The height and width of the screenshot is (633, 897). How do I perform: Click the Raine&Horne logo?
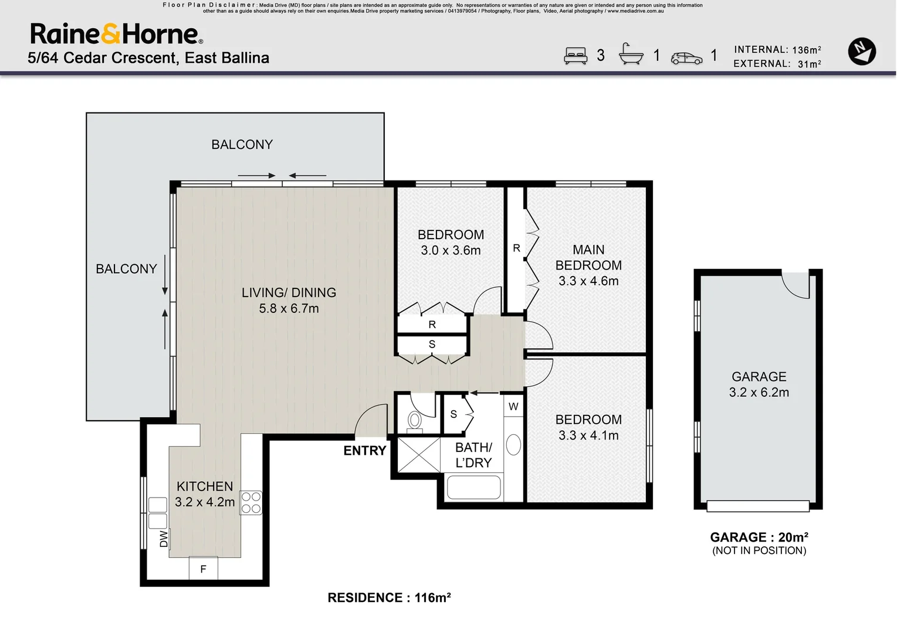tap(117, 33)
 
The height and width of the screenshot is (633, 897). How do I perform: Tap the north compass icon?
tap(862, 51)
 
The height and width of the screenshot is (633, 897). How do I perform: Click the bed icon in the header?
tap(576, 56)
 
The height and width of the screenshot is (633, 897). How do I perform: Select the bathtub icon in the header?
tap(631, 54)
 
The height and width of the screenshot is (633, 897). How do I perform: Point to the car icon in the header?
tap(686, 59)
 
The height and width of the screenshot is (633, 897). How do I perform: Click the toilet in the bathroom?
tap(415, 423)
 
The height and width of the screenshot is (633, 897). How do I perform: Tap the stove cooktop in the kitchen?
tap(251, 502)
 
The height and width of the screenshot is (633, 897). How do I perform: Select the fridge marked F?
tap(204, 568)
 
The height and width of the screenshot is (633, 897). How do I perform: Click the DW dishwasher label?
tap(163, 539)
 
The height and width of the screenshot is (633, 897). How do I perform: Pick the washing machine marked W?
tap(513, 407)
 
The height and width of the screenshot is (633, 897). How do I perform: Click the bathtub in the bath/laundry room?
tap(474, 488)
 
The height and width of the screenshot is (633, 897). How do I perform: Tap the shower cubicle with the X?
tap(419, 455)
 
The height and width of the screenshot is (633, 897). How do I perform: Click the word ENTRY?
tap(364, 451)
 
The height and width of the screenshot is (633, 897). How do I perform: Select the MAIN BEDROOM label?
tap(588, 257)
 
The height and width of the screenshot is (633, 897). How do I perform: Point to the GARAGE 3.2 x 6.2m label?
tap(759, 384)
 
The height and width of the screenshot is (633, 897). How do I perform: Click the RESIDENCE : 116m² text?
tap(389, 597)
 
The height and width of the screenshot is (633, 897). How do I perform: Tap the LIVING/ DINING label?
tap(289, 292)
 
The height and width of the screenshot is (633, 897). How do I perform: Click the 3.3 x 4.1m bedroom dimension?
tap(588, 435)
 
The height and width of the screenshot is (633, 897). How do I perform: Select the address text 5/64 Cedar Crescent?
tap(103, 57)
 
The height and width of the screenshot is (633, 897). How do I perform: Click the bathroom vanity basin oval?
tap(513, 444)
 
